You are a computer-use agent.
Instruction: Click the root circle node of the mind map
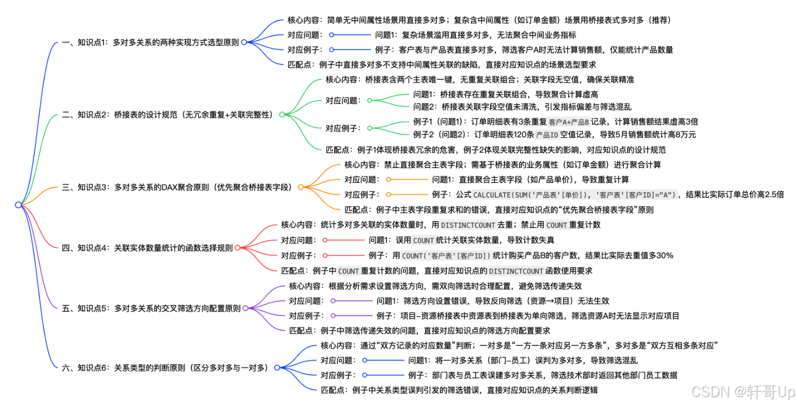(x=18, y=205)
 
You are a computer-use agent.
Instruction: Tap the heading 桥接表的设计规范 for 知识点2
(x=168, y=115)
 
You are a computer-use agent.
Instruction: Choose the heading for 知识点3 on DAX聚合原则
(x=178, y=187)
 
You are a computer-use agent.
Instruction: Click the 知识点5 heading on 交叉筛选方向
(x=151, y=308)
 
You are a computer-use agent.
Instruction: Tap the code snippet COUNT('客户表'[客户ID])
(x=446, y=255)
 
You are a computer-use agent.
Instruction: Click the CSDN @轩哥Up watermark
(x=743, y=392)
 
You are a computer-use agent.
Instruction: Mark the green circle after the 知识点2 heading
(x=281, y=115)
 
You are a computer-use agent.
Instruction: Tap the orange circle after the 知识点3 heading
(x=301, y=187)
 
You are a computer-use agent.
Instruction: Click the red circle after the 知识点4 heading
(x=237, y=248)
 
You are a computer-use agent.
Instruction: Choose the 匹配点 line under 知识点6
(x=459, y=390)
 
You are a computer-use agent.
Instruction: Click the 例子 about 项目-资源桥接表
(x=527, y=316)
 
